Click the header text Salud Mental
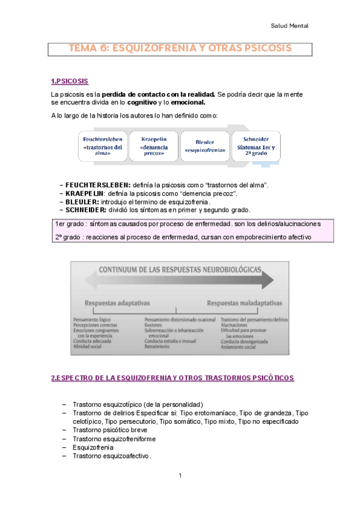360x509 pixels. (290, 26)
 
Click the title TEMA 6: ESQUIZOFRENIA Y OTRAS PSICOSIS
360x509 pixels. (180, 47)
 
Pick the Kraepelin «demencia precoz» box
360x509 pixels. (153, 145)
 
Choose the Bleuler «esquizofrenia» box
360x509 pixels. (204, 146)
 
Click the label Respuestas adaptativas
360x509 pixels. (118, 303)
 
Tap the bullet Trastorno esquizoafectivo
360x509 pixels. (111, 456)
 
